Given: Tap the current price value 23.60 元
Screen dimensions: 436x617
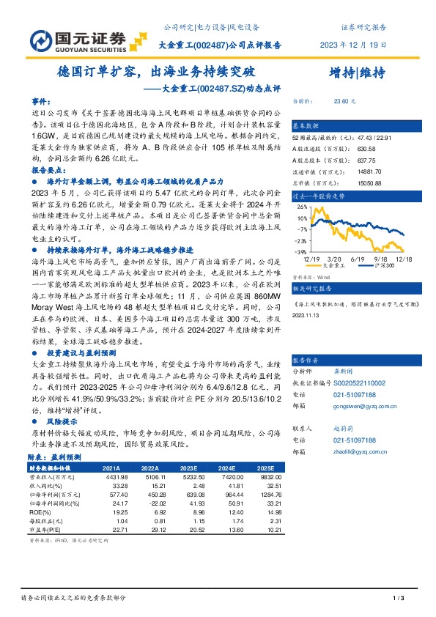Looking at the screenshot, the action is [345, 102].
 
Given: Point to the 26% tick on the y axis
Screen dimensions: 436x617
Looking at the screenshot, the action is [300, 208].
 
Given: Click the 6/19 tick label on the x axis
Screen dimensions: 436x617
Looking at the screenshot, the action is [358, 259].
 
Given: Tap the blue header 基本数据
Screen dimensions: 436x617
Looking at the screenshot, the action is [307, 125].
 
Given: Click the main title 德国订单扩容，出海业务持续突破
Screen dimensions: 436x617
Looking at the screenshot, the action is [157, 73].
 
